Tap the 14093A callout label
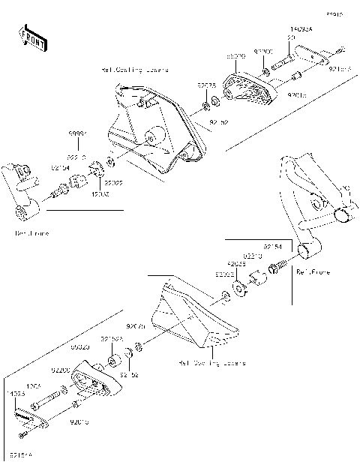pos(301,29)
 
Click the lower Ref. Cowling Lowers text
pos(211,363)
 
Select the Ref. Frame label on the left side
pos(31,233)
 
